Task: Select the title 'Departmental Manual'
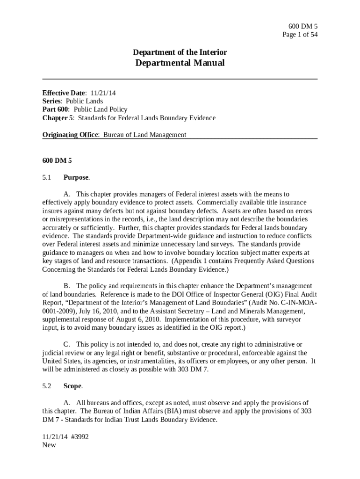[180, 63]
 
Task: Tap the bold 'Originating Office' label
[71, 135]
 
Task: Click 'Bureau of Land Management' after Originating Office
[144, 135]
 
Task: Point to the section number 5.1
[47, 177]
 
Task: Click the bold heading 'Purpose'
[76, 177]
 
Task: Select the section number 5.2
[47, 386]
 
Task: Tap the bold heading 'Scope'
[72, 386]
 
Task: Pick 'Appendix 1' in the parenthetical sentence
[190, 261]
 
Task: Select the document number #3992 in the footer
[78, 436]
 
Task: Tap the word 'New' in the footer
[49, 445]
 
